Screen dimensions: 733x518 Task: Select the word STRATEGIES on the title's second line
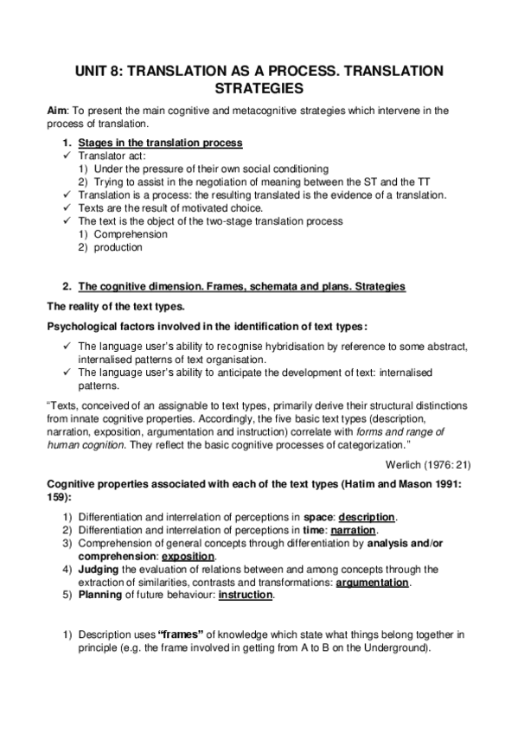tap(259, 89)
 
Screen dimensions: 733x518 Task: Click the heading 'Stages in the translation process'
tap(160, 142)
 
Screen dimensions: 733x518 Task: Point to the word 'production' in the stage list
tap(118, 247)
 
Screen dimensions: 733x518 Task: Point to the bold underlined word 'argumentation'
tap(372, 583)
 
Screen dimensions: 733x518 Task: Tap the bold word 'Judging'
tap(98, 570)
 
